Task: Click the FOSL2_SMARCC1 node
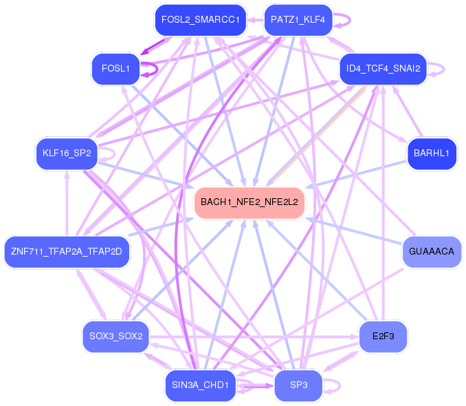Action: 200,20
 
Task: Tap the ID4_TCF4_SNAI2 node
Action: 384,68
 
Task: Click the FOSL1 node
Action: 115,68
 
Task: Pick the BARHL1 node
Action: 431,153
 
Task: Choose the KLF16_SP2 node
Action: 67,153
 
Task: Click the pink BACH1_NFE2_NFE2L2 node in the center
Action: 249,202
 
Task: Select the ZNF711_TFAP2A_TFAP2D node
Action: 66,251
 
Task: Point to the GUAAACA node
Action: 431,251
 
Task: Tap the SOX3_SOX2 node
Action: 115,336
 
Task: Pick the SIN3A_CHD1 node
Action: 200,385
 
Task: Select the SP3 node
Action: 298,385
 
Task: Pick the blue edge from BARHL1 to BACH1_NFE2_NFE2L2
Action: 357,173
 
